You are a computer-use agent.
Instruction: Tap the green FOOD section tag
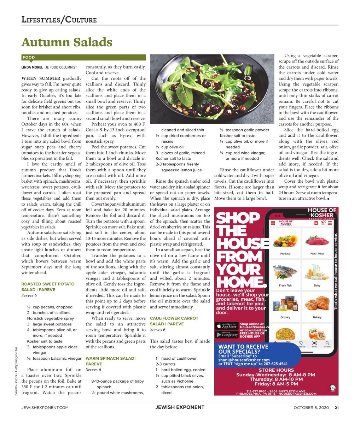(x=29, y=57)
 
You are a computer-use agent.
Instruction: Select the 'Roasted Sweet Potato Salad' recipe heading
(x=48, y=287)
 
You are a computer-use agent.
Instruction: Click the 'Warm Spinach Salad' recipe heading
(x=110, y=361)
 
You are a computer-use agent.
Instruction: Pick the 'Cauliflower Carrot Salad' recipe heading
(x=174, y=321)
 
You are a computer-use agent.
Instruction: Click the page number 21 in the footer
(x=337, y=407)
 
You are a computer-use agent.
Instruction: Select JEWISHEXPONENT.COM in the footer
(x=45, y=407)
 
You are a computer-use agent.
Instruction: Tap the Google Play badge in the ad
(x=227, y=334)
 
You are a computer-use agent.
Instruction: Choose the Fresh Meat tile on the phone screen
(x=317, y=243)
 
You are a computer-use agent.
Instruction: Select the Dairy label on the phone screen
(x=317, y=285)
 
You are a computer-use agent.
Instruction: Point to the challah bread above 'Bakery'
(x=317, y=304)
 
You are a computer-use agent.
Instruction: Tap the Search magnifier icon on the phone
(x=327, y=343)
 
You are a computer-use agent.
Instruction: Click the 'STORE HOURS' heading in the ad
(x=276, y=370)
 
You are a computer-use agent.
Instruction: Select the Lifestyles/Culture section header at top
(x=59, y=19)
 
